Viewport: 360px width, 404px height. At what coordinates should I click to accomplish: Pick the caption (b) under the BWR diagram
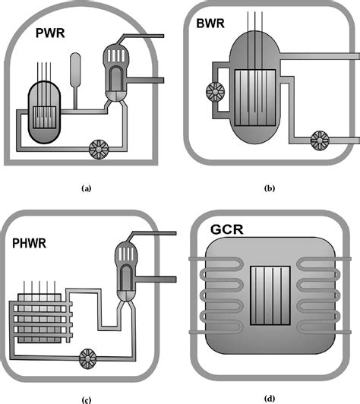270,185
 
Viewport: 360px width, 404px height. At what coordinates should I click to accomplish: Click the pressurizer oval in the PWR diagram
74,69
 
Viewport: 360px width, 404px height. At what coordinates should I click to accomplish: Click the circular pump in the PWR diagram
98,149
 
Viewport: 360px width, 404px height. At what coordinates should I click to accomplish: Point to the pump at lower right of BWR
320,140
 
